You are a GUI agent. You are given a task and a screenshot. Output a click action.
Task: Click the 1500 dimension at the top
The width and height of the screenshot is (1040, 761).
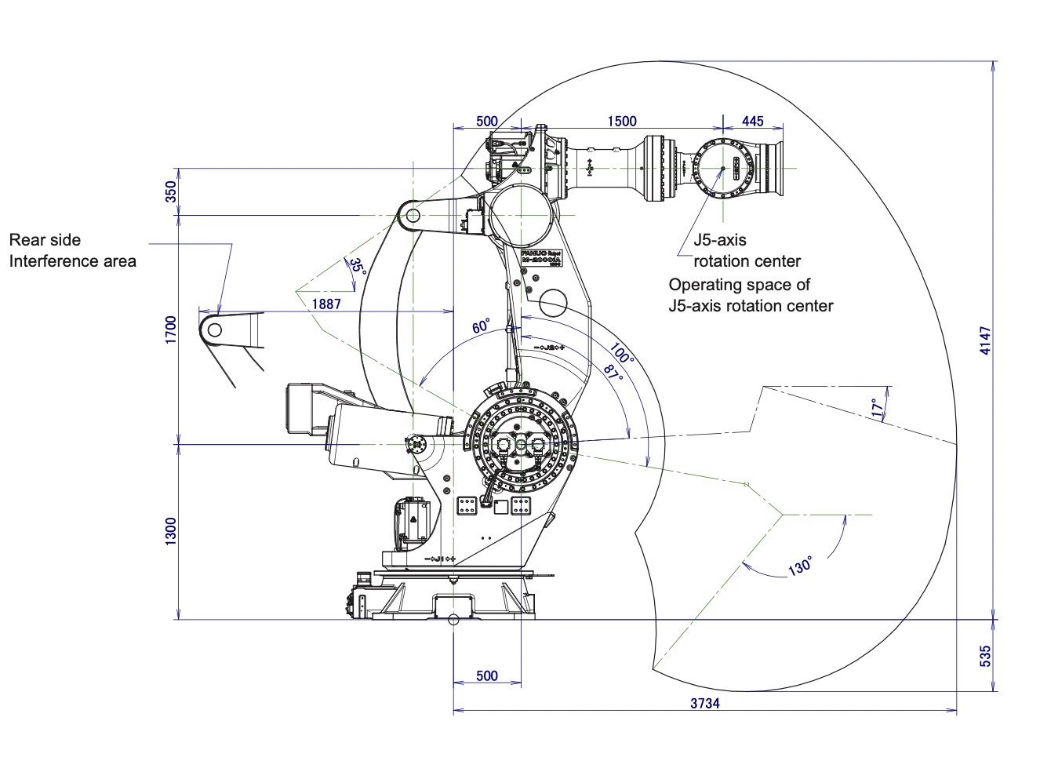[x=622, y=121]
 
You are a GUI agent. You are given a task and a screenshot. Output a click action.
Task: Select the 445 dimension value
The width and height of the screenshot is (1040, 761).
[x=752, y=121]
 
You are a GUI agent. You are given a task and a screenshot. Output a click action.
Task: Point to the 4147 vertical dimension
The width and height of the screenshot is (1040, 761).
[x=986, y=340]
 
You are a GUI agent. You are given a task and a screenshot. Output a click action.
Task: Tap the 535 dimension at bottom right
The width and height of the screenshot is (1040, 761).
[x=986, y=656]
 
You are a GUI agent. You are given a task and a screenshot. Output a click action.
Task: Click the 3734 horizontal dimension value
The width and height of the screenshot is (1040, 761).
[x=704, y=703]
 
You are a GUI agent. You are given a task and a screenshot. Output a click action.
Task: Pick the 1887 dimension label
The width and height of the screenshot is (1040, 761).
[x=326, y=304]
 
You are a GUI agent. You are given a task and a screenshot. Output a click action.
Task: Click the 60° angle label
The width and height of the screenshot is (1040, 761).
[x=481, y=326]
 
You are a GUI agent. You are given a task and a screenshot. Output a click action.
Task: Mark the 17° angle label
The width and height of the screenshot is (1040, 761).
[x=876, y=408]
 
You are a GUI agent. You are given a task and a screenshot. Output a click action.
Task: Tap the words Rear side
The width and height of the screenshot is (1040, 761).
[x=45, y=240]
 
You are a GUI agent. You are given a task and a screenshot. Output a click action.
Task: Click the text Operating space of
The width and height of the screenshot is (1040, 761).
[x=739, y=285]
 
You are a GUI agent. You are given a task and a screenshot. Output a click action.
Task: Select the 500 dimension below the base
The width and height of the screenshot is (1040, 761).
[x=487, y=675]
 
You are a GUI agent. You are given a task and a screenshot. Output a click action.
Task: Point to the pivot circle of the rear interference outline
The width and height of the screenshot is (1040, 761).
[x=214, y=330]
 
